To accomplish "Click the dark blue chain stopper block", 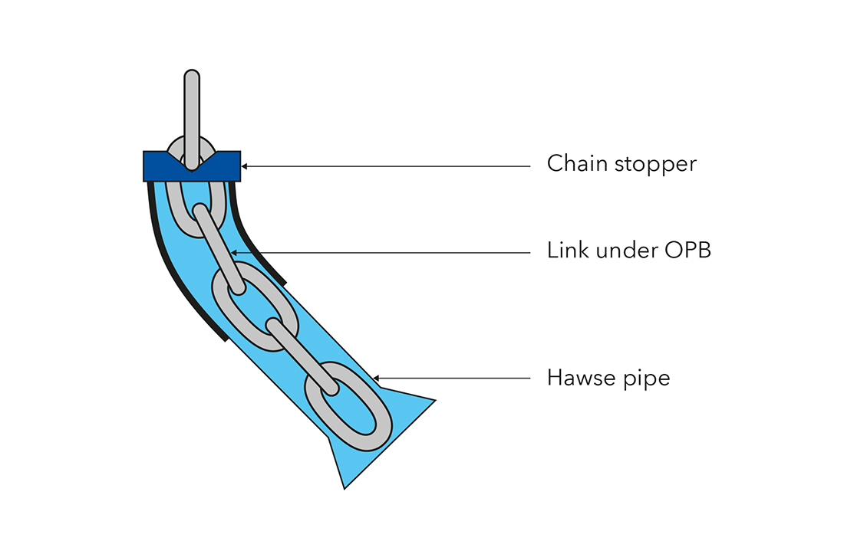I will click(x=157, y=166).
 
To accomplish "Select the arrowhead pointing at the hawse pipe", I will click(x=377, y=379).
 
